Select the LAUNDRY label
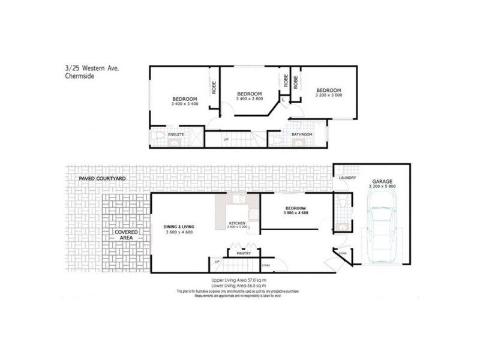pos(347,178)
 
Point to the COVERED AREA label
pos(127,235)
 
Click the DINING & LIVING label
pos(179,226)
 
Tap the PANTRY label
pos(243,253)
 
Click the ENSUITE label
pos(175,134)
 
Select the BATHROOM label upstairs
pos(302,134)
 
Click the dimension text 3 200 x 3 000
pos(328,95)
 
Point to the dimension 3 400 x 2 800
pos(249,99)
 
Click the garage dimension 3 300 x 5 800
pos(383,187)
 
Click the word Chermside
pos(79,77)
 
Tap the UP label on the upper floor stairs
pos(226,140)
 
